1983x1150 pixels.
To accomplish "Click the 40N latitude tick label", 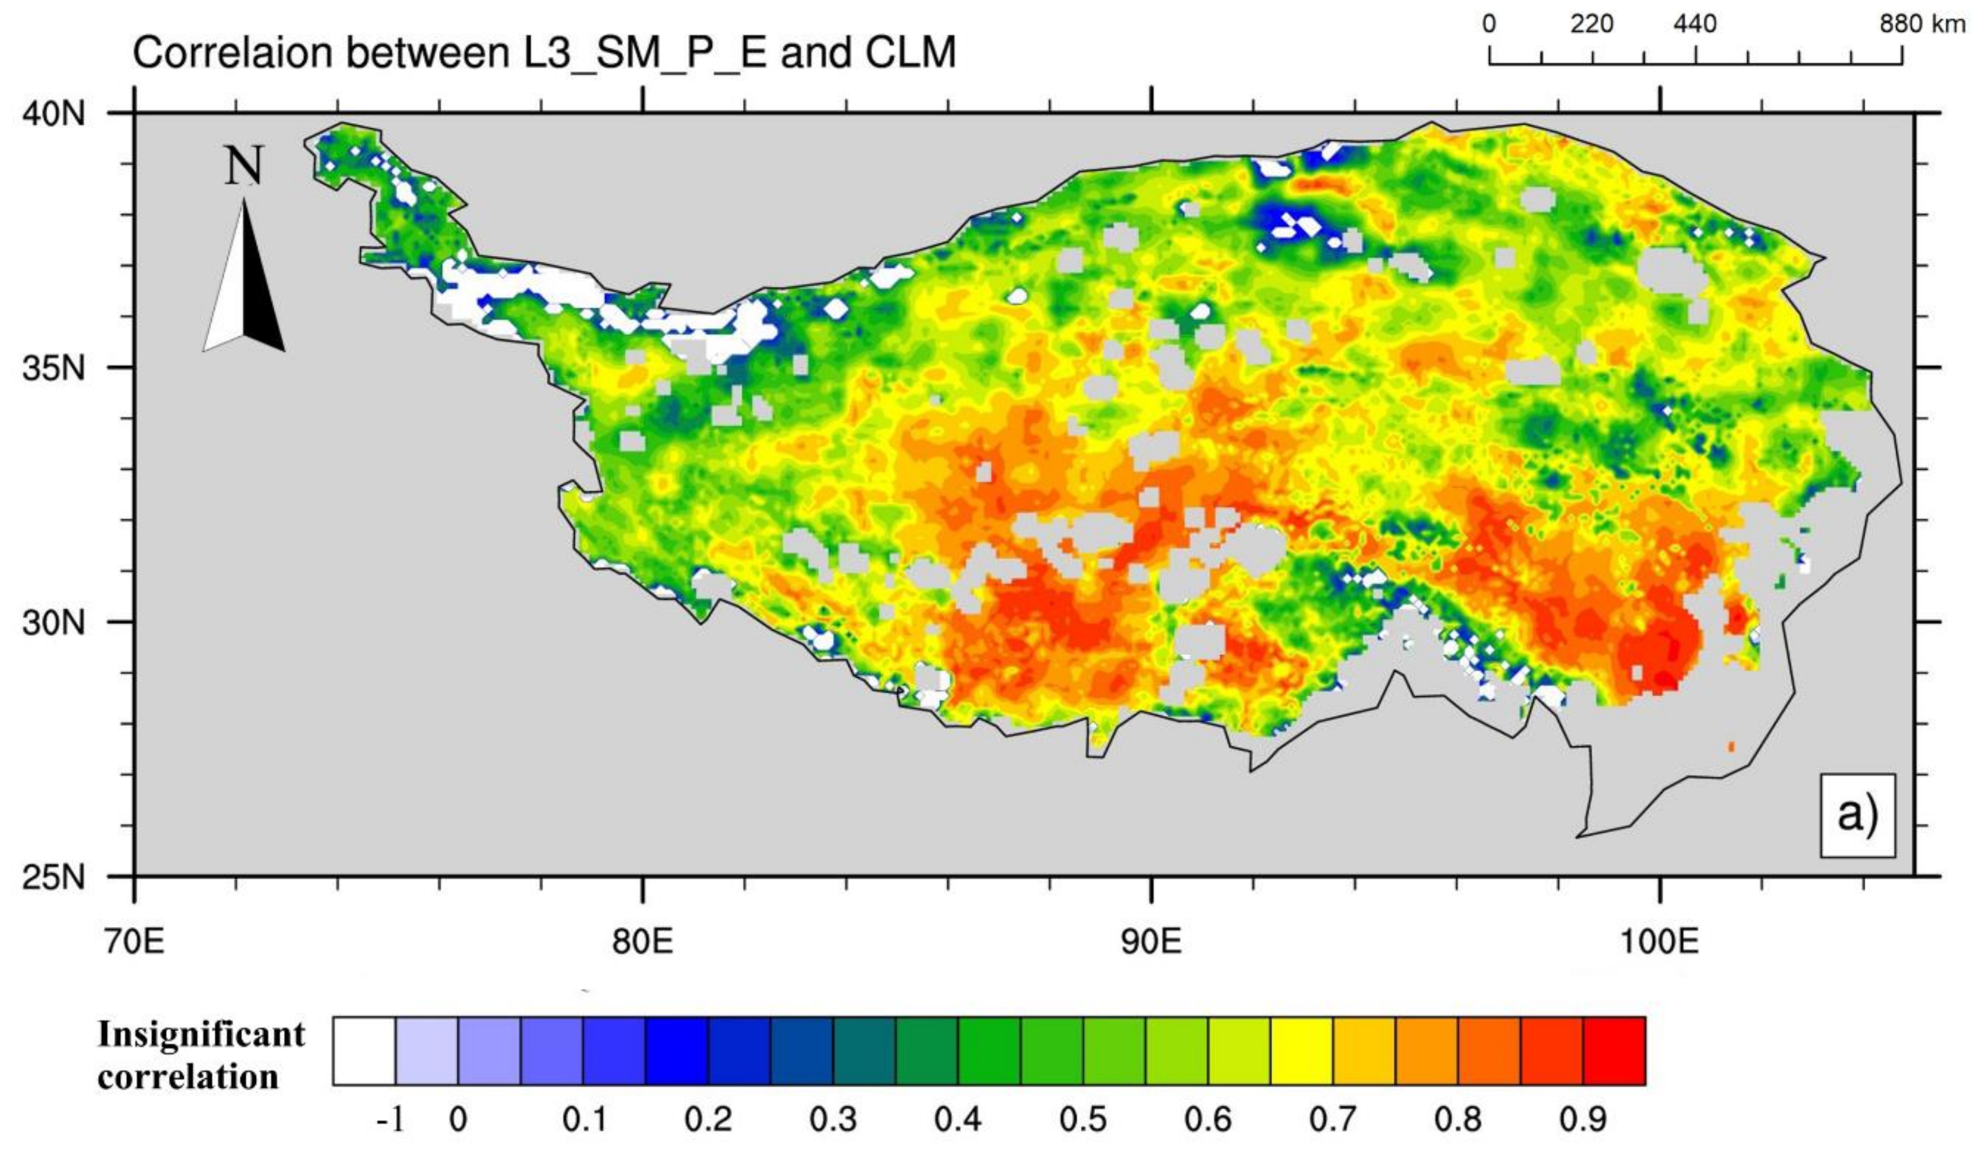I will point(53,114).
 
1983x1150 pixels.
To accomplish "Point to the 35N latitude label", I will point(53,368).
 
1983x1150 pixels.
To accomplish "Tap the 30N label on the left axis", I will point(53,623).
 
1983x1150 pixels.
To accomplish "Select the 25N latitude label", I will point(53,876).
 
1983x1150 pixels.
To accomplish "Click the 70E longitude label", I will point(135,941).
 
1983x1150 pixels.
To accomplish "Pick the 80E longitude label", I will point(643,941).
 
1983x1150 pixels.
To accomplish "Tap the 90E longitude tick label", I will point(1151,941).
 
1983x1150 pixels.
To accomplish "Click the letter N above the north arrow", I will point(244,167).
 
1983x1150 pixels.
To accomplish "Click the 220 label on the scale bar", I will point(1592,25).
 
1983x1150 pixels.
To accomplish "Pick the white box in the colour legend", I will point(364,1051).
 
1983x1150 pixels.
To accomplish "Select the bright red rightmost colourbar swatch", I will point(1613,1051).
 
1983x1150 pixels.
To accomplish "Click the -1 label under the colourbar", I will point(391,1118).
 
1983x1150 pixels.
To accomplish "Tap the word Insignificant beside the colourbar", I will point(202,1035).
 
